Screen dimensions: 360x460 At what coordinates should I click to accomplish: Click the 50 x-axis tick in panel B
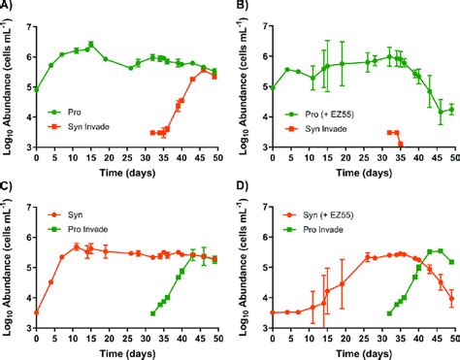click(454, 157)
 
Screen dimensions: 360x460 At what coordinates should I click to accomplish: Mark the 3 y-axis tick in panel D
click(262, 328)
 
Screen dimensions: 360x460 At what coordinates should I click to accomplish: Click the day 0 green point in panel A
click(36, 88)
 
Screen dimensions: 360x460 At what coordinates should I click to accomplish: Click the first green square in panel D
click(389, 313)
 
